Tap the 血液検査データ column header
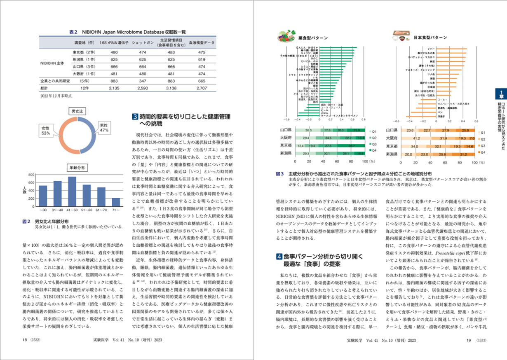click(x=202, y=42)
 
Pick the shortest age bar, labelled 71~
click(x=116, y=202)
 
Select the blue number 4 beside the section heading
click(x=279, y=257)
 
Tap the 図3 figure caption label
click(x=280, y=174)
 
